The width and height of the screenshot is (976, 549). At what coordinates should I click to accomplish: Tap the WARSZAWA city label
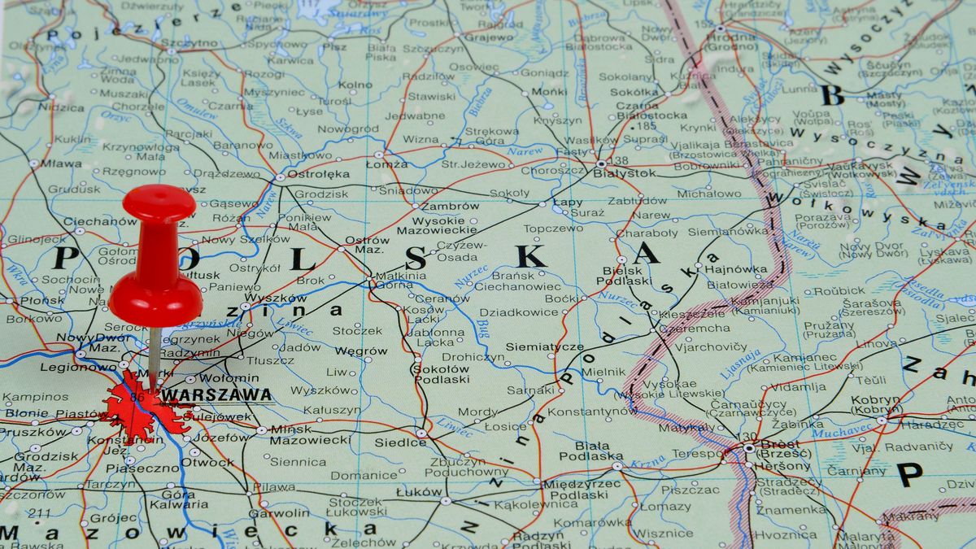(x=216, y=395)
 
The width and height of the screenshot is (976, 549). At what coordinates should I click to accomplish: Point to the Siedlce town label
(x=400, y=443)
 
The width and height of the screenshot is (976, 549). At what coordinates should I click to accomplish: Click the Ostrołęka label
(x=320, y=174)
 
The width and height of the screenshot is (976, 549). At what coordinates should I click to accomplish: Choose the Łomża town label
(x=387, y=163)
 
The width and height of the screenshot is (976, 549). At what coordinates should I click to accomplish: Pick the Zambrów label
(x=450, y=207)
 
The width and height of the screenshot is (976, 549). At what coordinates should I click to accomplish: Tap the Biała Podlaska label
(x=598, y=451)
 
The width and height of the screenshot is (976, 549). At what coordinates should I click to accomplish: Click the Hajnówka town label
(x=735, y=268)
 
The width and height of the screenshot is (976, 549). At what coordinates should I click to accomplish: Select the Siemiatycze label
(x=544, y=346)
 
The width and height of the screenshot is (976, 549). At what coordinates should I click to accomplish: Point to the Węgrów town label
(x=360, y=351)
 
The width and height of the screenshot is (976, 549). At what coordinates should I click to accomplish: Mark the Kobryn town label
(x=875, y=404)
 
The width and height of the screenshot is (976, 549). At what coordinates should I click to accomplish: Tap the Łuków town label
(x=419, y=492)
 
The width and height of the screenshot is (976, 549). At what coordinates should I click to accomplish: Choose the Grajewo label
(x=489, y=37)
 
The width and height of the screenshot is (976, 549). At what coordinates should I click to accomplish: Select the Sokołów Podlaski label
(x=442, y=373)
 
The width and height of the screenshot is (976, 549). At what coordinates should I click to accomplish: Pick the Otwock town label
(x=207, y=462)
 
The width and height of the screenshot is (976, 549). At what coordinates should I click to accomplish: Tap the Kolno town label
(x=355, y=85)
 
